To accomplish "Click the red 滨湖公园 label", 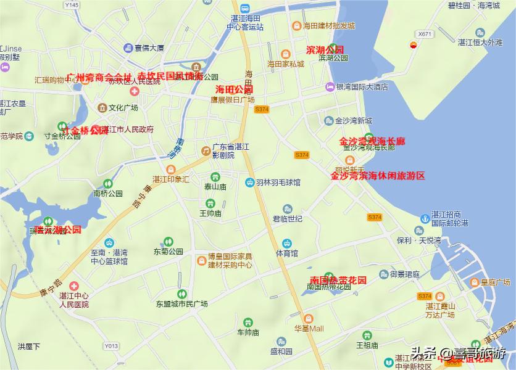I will point(325,49).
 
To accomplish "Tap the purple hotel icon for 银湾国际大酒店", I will point(330,88).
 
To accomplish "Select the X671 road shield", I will point(424,34).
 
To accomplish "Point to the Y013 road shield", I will point(111,346).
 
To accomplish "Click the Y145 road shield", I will point(72,5).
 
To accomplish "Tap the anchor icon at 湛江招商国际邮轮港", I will point(425,218).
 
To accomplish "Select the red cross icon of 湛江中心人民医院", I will point(74,286).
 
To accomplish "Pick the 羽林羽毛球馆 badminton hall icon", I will point(249,183).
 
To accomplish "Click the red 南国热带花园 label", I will point(338,280).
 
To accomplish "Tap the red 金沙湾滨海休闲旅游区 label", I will point(378,176).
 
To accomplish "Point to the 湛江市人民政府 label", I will point(131,129).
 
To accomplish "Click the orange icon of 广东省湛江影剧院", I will point(206,150).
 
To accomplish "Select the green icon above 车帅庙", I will point(248,322).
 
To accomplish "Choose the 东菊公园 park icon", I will point(169,242).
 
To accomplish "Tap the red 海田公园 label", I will point(230,90).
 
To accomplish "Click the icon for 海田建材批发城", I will point(296,26).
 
